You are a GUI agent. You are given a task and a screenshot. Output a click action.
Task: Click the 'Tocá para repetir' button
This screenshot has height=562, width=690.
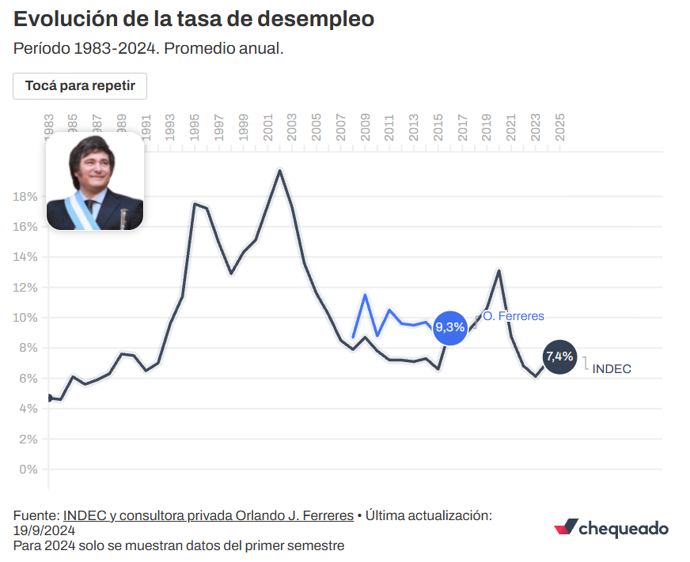(x=80, y=85)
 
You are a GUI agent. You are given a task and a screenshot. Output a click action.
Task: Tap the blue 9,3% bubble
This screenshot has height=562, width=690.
(x=449, y=328)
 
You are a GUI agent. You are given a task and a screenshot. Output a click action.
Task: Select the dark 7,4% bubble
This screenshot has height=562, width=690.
(x=559, y=356)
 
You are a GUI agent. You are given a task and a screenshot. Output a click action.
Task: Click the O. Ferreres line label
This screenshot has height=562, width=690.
(x=514, y=316)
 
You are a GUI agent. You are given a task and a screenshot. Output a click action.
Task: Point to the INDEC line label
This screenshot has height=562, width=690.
(x=612, y=369)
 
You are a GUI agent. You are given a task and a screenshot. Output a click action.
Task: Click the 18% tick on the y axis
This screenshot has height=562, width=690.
(x=26, y=196)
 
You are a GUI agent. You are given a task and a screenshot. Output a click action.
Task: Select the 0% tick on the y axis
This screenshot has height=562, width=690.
(x=28, y=469)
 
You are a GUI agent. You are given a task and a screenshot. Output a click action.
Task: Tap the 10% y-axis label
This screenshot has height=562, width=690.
(x=26, y=318)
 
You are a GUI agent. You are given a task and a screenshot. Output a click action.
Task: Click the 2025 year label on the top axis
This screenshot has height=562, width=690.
(x=559, y=127)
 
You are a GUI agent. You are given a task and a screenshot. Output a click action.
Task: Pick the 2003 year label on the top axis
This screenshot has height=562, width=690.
(x=292, y=127)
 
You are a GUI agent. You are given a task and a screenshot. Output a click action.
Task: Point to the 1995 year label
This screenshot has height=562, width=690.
(x=195, y=127)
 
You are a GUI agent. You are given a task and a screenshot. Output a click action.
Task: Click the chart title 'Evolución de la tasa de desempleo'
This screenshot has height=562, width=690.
(x=194, y=19)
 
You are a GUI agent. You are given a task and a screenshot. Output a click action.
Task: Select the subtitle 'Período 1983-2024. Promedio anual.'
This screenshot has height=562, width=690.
(x=149, y=48)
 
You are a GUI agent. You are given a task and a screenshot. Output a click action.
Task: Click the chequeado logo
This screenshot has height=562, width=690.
(x=611, y=528)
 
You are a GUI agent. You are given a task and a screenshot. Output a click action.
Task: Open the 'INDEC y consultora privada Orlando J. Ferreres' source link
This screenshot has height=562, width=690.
(x=208, y=515)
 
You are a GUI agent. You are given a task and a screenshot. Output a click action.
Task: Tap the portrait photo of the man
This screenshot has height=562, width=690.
(x=95, y=181)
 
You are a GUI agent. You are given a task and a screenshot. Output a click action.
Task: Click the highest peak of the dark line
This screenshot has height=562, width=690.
(x=279, y=170)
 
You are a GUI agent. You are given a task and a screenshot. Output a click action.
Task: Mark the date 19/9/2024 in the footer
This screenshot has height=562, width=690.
(x=44, y=530)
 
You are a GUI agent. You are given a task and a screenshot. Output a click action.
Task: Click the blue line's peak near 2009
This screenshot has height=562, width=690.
(x=365, y=295)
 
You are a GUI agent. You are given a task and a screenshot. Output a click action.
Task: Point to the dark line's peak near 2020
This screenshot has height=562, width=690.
(x=499, y=270)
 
